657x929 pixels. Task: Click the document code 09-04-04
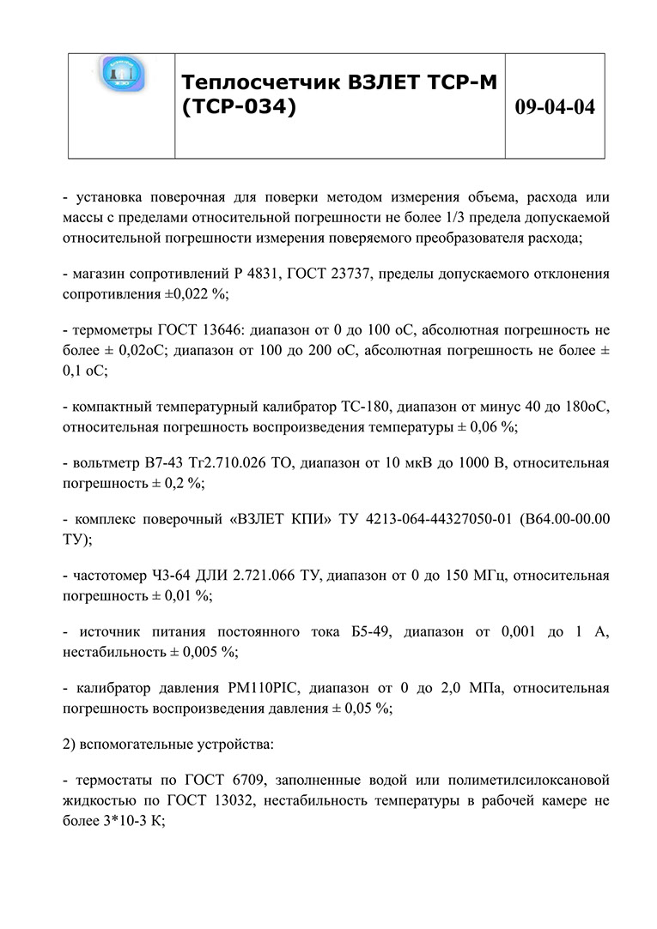point(555,107)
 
